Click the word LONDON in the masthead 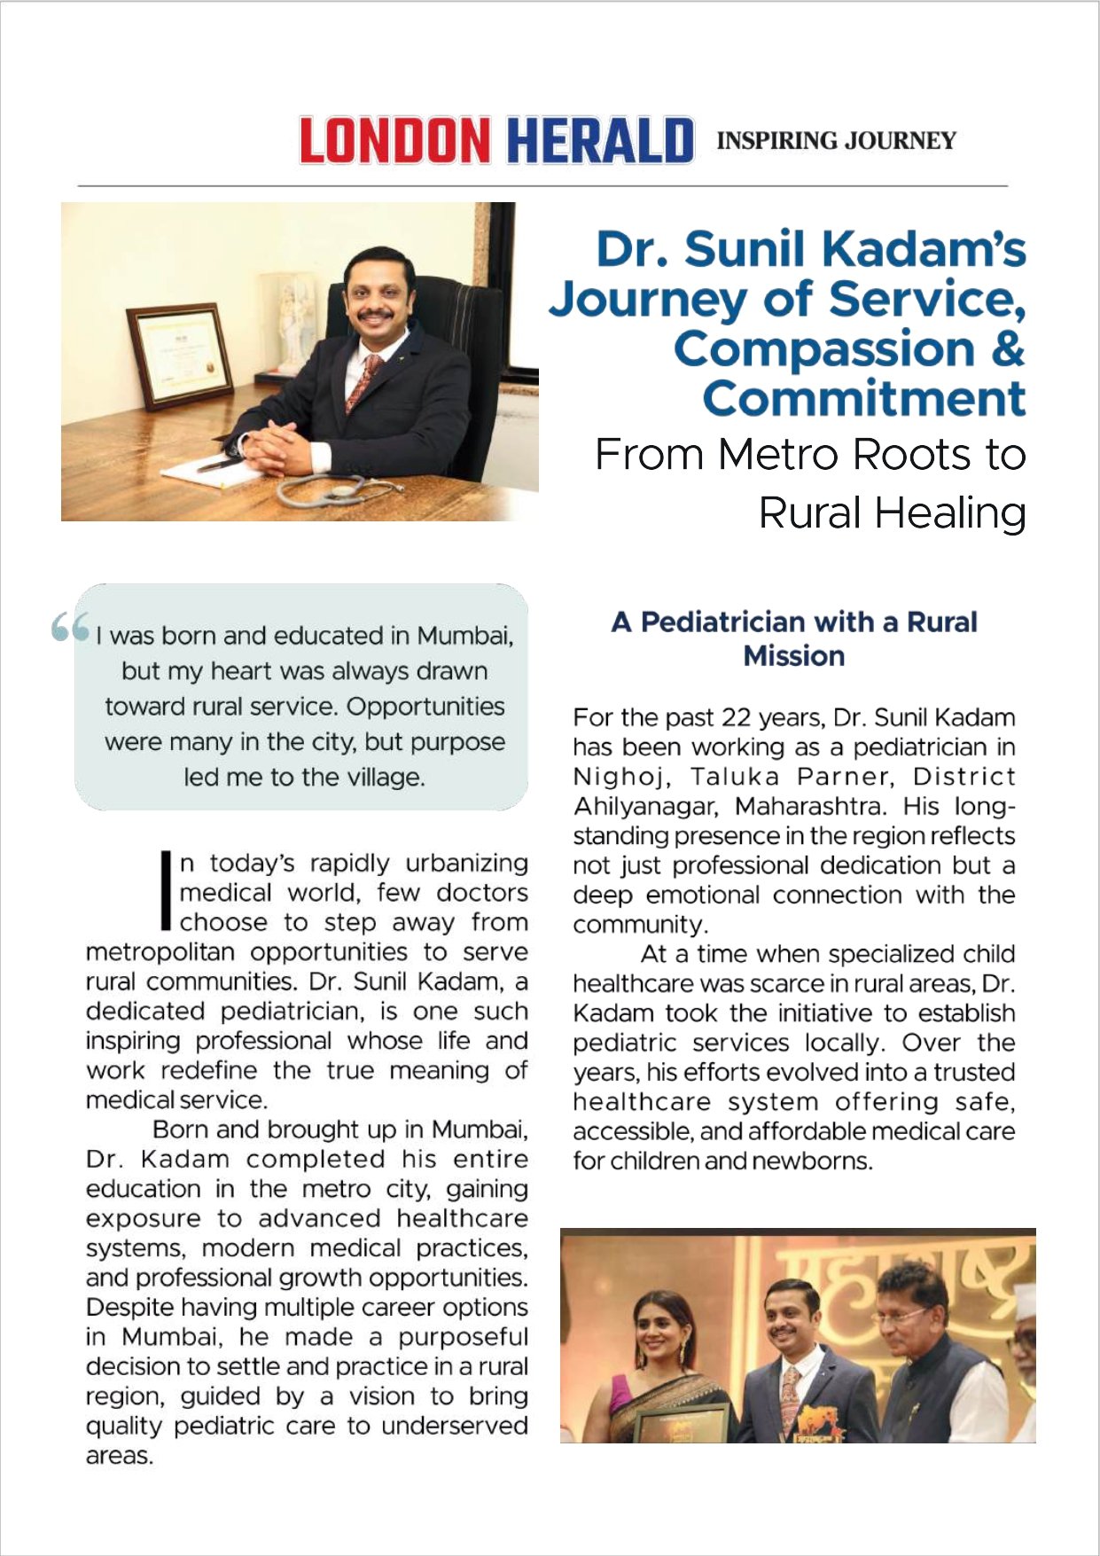(x=394, y=141)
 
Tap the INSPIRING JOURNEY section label (x=836, y=141)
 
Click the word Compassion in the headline (x=823, y=348)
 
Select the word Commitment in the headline (x=864, y=399)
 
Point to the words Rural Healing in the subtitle (x=892, y=513)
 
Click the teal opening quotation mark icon (x=70, y=627)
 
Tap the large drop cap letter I (x=165, y=890)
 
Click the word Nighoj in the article (x=617, y=777)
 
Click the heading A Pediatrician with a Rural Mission (x=794, y=638)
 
